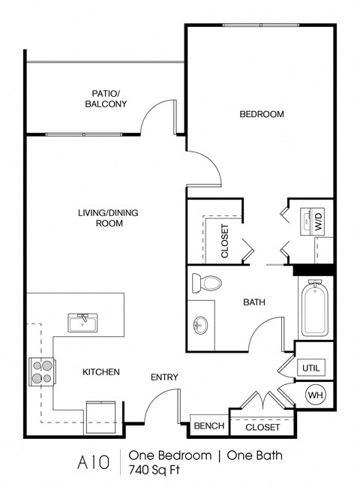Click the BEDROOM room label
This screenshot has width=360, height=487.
262,114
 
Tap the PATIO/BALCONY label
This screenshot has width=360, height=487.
105,99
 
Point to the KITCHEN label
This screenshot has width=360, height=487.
101,371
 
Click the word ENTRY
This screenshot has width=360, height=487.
164,377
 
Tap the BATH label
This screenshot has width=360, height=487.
253,302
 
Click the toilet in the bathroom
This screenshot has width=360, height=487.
207,284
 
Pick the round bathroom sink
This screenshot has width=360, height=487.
200,326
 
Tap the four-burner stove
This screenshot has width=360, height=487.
41,371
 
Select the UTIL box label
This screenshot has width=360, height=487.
309,368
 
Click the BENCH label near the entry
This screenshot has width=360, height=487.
209,426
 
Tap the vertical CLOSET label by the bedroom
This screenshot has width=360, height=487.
224,241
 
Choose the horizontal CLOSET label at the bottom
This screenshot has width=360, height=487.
263,427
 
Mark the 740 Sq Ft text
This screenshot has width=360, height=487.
157,470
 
